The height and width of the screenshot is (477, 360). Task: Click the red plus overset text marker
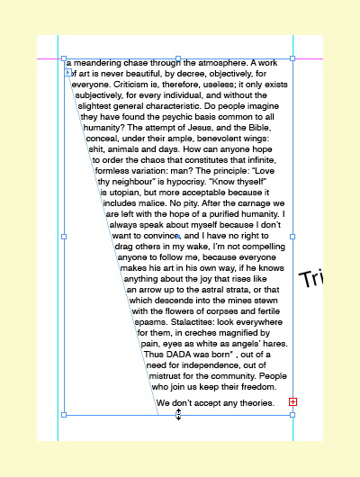292,401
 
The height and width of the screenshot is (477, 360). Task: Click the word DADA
181,355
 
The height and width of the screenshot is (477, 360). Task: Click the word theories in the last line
256,403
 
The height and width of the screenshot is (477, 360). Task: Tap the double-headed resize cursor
178,414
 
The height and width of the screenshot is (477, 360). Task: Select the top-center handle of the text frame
178,58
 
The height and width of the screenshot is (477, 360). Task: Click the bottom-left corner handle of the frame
63,415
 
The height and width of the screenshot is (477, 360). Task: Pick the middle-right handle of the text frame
293,237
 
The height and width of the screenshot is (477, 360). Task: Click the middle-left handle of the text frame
63,237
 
